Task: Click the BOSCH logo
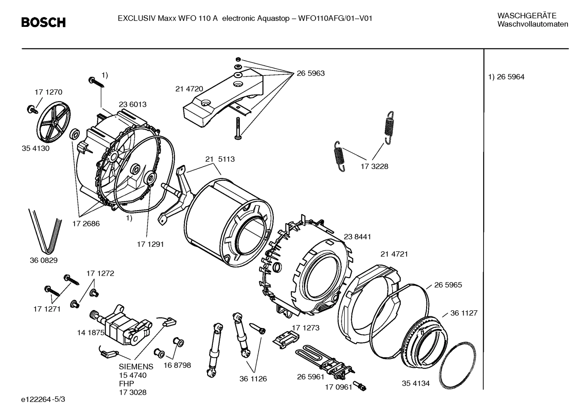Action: [43, 22]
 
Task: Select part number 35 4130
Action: [35, 148]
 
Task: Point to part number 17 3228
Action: [374, 166]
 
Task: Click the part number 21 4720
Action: [189, 89]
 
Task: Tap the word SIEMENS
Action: [136, 367]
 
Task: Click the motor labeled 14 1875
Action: [120, 325]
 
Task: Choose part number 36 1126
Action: [253, 379]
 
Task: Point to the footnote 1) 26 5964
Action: [506, 77]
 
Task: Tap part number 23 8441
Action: [357, 237]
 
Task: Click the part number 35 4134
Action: [416, 383]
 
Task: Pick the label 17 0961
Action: [338, 387]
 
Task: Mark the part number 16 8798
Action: [177, 365]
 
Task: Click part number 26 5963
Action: [311, 73]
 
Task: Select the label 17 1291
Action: [150, 244]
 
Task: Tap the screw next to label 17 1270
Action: [30, 108]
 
